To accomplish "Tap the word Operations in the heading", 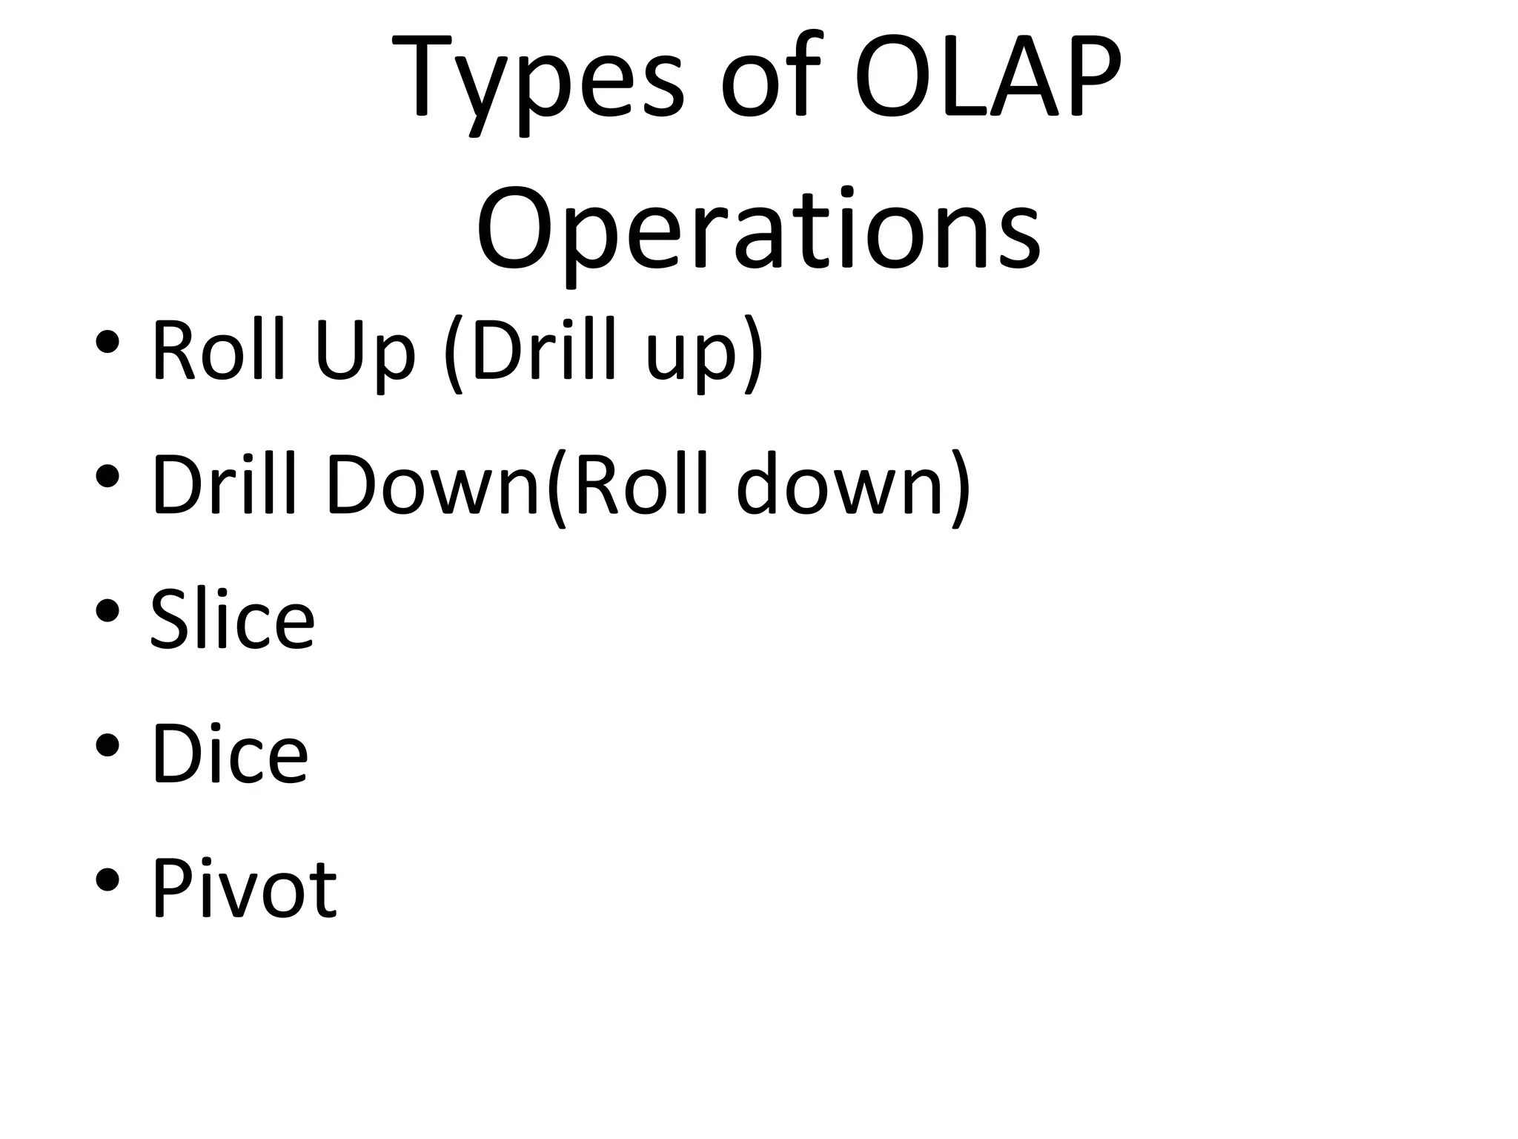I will [x=758, y=229].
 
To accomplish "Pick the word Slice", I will [x=232, y=618].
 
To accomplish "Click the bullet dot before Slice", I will [x=107, y=610].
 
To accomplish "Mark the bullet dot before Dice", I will [x=107, y=745].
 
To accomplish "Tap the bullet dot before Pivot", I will [x=107, y=879].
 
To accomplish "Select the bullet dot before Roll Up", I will [x=107, y=342].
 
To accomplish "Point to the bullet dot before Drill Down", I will [x=107, y=476].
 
